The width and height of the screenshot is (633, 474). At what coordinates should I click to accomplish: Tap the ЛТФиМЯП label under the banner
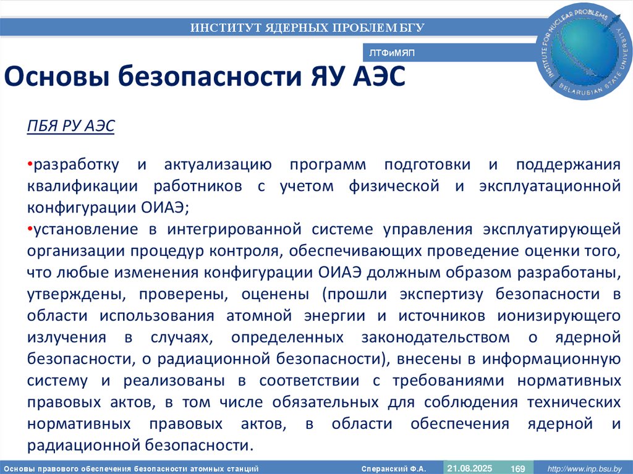point(392,54)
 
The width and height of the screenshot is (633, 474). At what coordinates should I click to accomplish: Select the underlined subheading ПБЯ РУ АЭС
point(70,125)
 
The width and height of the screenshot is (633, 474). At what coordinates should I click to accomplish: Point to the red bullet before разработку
point(30,165)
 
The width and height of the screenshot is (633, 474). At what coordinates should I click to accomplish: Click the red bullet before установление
point(30,230)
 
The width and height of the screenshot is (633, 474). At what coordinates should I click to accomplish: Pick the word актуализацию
point(218,165)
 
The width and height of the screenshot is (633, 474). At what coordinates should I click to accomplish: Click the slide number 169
point(517,469)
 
